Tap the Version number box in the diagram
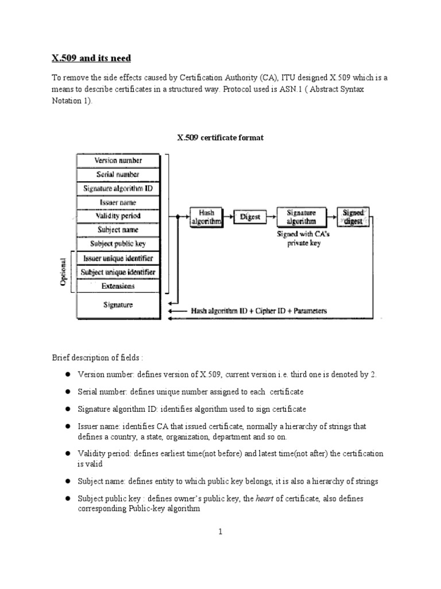click(x=119, y=160)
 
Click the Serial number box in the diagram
click(x=119, y=174)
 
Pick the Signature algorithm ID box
click(x=119, y=188)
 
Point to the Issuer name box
click(x=119, y=202)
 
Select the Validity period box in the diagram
click(x=119, y=216)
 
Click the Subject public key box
click(x=119, y=243)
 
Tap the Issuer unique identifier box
click(x=119, y=258)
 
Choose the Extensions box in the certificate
click(x=119, y=286)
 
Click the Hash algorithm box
click(x=206, y=217)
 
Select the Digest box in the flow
click(x=250, y=217)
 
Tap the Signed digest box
click(x=353, y=217)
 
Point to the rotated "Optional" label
click(x=64, y=272)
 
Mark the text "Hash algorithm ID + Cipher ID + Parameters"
click(x=259, y=311)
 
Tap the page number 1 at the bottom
click(x=220, y=532)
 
